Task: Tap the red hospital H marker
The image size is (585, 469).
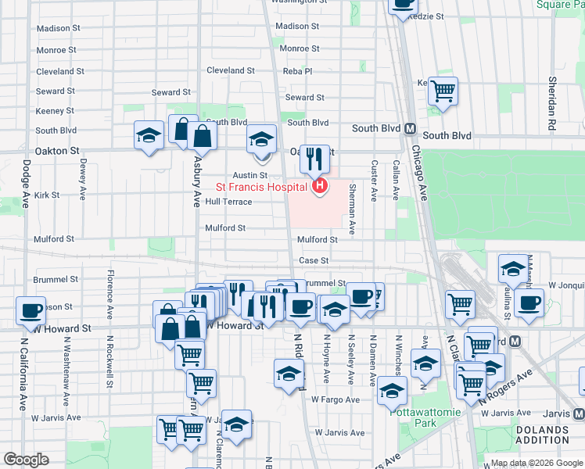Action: [x=319, y=186]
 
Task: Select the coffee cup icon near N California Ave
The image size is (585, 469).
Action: [x=31, y=310]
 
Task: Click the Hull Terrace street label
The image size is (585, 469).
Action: [x=228, y=202]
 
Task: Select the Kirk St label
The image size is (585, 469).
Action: [x=47, y=195]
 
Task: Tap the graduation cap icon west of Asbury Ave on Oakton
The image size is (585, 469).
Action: [x=149, y=137]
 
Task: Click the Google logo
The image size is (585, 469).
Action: [x=26, y=460]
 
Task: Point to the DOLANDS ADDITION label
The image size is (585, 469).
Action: [x=543, y=435]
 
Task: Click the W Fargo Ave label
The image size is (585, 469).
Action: [x=335, y=399]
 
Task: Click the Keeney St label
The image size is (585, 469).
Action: [x=55, y=111]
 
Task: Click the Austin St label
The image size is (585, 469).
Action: [x=249, y=175]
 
